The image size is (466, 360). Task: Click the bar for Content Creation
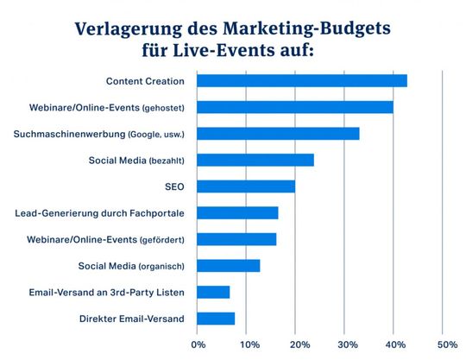[302, 81]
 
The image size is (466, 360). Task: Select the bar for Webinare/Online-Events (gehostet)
[295, 107]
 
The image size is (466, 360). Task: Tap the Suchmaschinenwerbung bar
[278, 134]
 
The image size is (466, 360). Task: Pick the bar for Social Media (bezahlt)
[255, 160]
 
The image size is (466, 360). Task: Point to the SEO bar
[246, 186]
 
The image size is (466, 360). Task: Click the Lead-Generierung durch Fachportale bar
[237, 213]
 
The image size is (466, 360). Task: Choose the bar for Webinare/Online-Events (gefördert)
[236, 239]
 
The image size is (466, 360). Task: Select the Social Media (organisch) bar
[229, 266]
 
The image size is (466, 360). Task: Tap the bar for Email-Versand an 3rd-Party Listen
[213, 293]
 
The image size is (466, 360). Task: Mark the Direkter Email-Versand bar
[216, 319]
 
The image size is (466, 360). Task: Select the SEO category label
[174, 186]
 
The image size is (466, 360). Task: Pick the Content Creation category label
[145, 81]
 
